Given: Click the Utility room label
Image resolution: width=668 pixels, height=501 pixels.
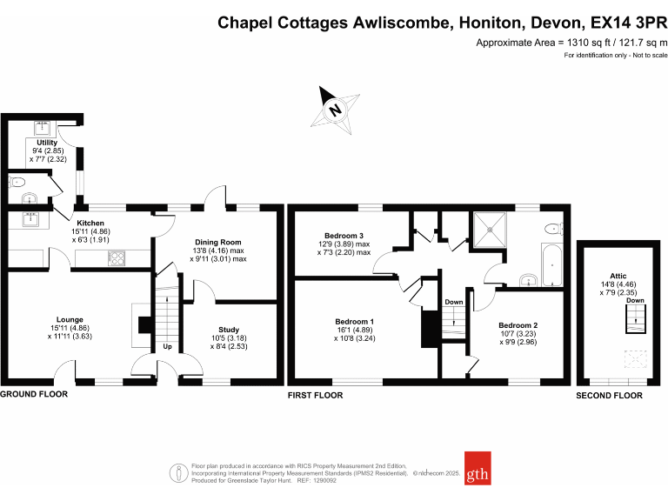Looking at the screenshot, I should click(46, 142).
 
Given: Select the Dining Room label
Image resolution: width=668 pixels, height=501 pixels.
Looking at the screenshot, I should click(218, 242).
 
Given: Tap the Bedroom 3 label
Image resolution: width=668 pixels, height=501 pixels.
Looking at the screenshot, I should click(344, 236).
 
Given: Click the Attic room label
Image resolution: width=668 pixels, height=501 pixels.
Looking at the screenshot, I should click(618, 251).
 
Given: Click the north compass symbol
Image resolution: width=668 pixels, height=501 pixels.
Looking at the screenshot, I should click(335, 110).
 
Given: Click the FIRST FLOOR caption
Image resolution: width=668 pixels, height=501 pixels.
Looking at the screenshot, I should click(315, 395).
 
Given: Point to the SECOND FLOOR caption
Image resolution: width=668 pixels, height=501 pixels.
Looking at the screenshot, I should click(610, 396).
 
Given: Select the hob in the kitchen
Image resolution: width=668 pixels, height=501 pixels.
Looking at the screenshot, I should click(117, 258).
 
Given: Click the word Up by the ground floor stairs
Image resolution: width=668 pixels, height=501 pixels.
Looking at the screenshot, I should click(166, 347).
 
